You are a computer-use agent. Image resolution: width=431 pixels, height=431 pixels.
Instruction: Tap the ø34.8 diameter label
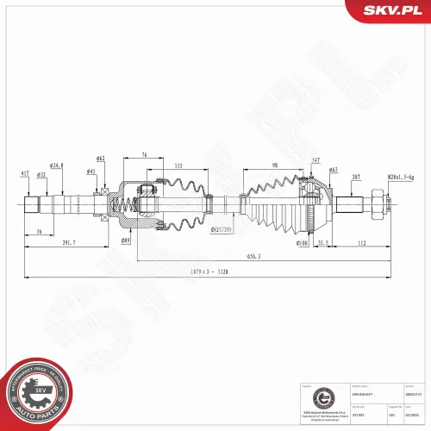point(58,165)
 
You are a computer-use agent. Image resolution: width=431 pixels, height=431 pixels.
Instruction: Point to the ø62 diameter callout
point(100,158)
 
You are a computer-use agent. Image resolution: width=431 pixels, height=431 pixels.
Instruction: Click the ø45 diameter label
point(91,171)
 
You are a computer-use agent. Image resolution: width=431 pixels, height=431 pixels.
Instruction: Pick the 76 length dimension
point(143,155)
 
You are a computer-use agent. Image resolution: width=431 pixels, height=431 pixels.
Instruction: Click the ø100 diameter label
point(303,243)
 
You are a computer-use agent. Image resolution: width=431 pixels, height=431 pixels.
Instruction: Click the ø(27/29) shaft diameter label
point(222,230)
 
